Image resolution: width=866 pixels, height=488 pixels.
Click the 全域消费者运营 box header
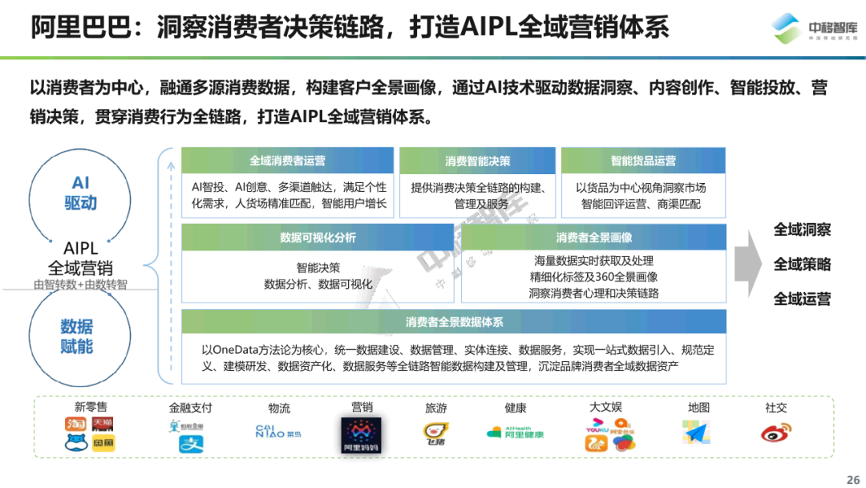tap(287, 161)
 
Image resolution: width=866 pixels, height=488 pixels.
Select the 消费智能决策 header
tap(477, 161)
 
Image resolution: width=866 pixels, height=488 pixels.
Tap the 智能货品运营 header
tap(643, 161)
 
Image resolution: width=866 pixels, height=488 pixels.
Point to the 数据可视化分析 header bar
tap(318, 238)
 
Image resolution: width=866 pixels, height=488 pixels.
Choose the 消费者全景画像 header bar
tap(593, 238)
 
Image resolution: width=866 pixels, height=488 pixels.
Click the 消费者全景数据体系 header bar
tap(454, 322)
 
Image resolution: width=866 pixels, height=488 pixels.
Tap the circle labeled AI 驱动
tap(80, 193)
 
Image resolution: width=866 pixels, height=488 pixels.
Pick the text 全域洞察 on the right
tap(802, 230)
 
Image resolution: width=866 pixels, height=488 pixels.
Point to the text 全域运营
tap(802, 299)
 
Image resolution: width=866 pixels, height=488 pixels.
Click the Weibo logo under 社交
tap(775, 433)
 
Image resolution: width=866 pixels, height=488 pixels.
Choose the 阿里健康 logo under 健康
tap(515, 433)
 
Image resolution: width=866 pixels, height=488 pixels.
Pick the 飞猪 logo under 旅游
tap(435, 433)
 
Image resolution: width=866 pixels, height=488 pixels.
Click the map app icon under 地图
tap(697, 432)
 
